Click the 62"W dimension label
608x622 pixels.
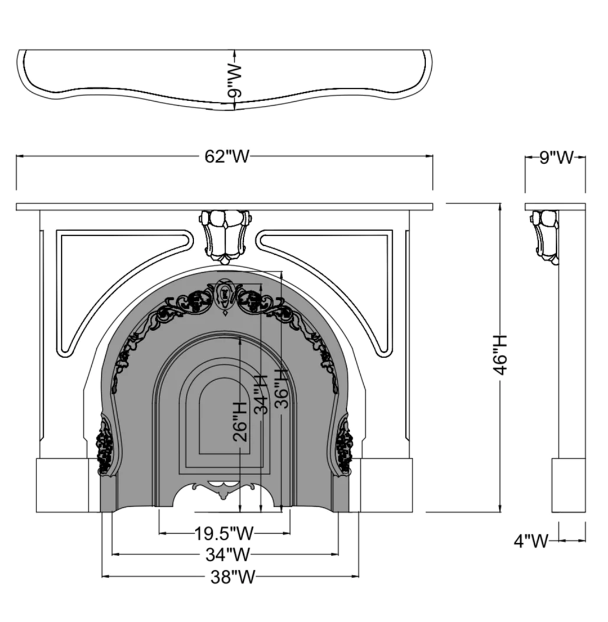point(227,156)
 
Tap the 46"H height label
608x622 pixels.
point(500,355)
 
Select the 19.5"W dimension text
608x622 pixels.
point(223,533)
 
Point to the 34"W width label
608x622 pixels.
point(227,554)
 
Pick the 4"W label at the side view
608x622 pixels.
point(531,540)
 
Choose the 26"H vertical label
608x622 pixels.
point(240,421)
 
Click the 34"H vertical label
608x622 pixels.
point(261,394)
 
